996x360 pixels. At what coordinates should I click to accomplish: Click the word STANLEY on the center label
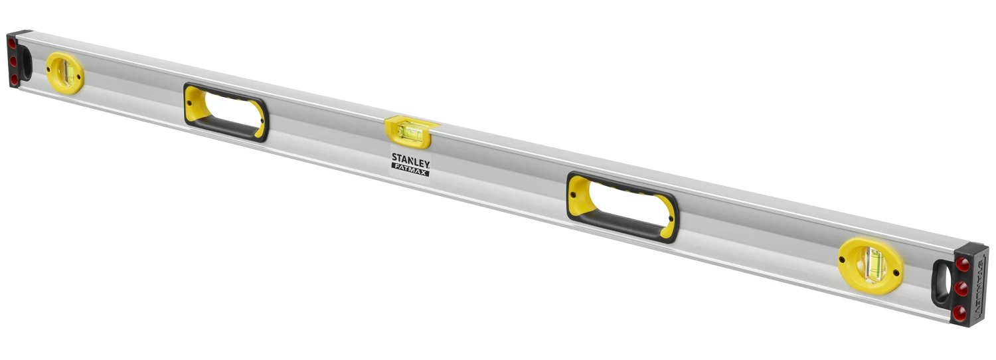(x=410, y=159)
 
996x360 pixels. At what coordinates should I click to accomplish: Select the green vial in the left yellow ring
(x=66, y=72)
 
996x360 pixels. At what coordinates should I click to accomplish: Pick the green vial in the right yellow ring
(x=871, y=265)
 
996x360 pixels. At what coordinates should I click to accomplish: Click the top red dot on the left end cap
(x=12, y=44)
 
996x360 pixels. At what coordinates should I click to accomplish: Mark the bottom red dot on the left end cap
(x=13, y=79)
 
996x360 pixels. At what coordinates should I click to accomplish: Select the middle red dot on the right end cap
(x=961, y=288)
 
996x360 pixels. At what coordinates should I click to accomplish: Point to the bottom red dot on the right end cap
(x=959, y=311)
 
